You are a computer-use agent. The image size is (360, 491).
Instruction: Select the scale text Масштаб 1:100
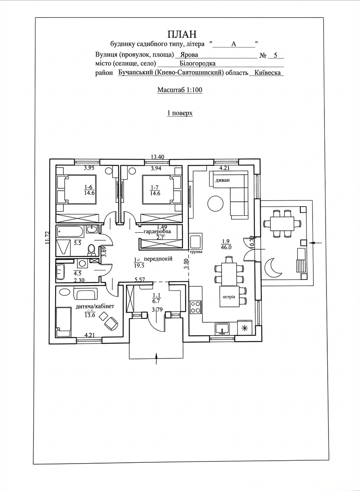tap(180, 90)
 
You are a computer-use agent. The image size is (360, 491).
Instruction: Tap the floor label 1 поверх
tap(180, 113)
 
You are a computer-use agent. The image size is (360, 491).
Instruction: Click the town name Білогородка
tap(198, 63)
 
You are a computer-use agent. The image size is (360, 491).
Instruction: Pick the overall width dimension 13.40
tap(157, 156)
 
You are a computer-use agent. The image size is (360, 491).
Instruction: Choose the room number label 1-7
tap(155, 187)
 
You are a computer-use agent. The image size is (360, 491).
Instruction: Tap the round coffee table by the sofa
tap(215, 204)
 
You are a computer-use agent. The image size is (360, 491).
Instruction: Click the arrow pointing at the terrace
tap(315, 243)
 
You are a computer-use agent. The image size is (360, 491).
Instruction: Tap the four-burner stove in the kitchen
tap(196, 307)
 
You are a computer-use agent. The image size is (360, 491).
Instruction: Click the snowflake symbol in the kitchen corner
tap(245, 328)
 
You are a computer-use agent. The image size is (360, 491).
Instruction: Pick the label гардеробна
tap(160, 232)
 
